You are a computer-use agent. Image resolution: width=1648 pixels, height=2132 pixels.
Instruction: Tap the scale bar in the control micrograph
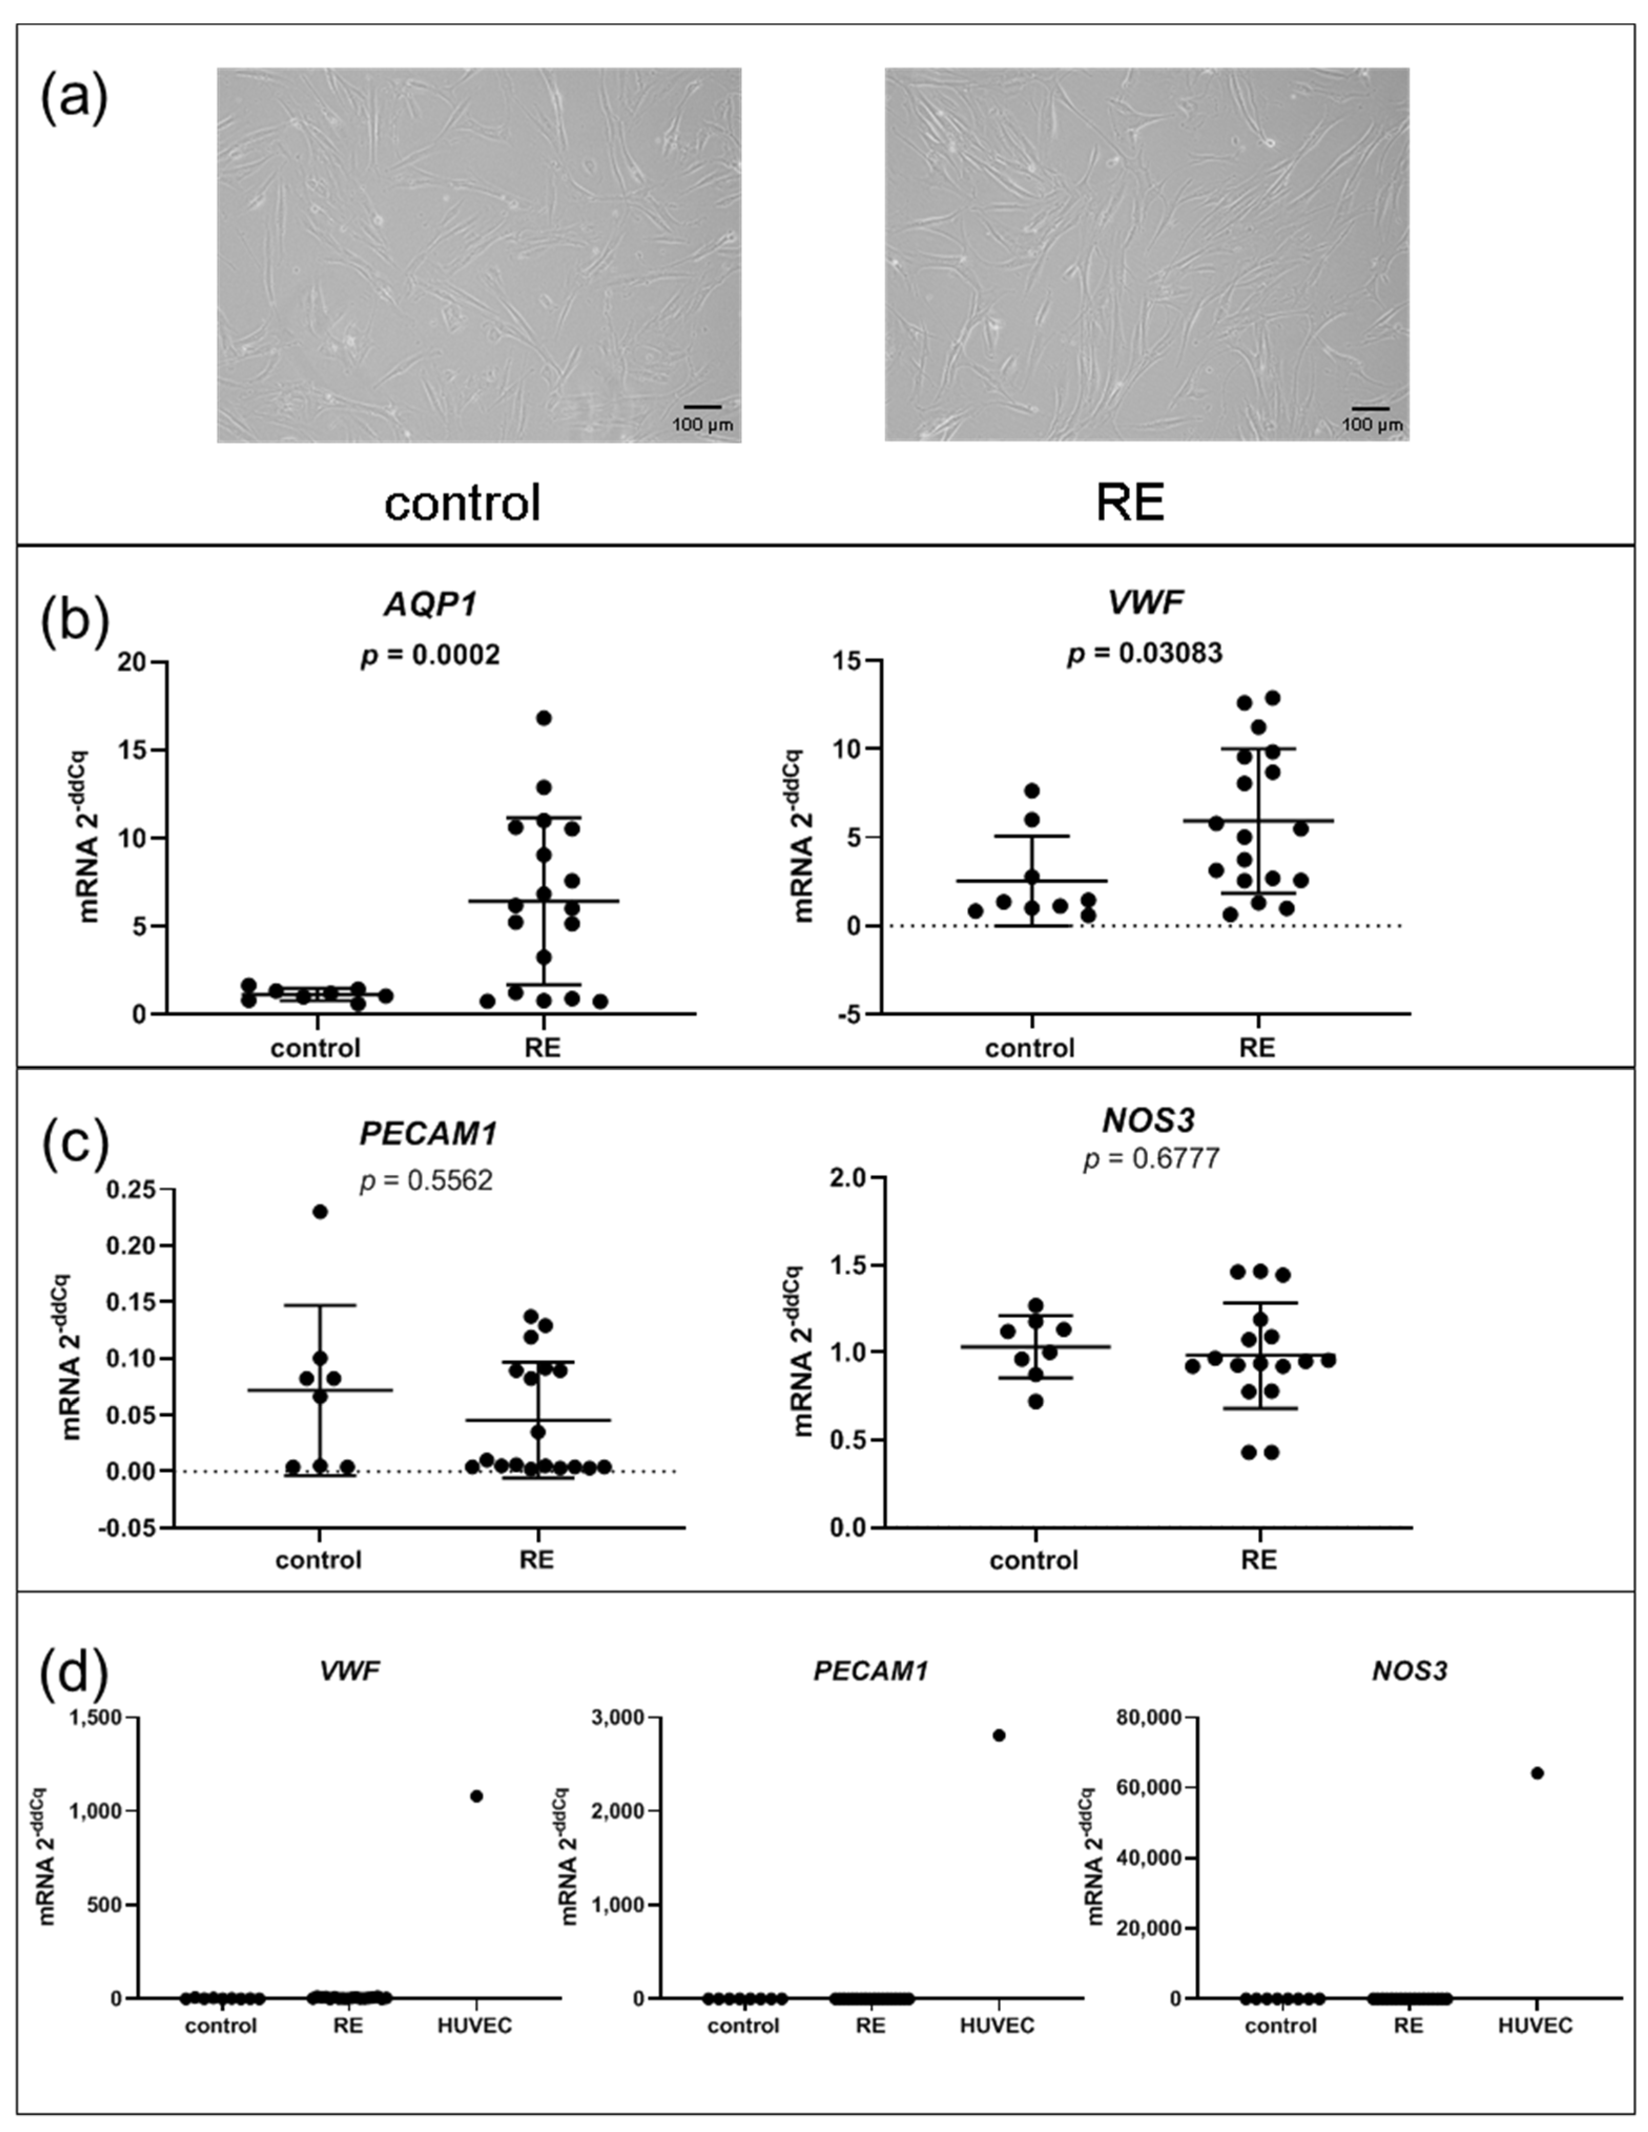(x=702, y=406)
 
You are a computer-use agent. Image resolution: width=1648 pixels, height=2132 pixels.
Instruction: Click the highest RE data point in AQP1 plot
(x=544, y=717)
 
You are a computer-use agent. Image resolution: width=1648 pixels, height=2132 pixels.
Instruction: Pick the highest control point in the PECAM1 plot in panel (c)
(x=319, y=1211)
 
